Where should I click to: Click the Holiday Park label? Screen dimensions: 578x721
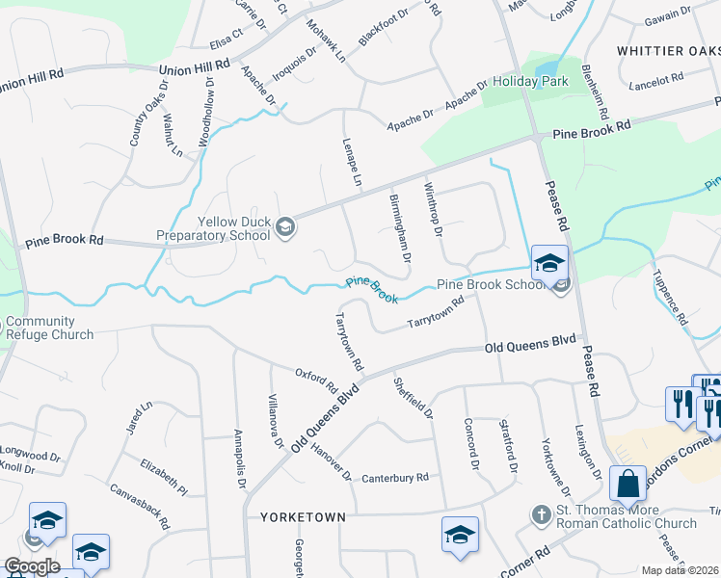[530, 82]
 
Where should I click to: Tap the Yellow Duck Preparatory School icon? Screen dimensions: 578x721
[285, 227]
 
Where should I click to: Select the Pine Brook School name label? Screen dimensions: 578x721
[492, 285]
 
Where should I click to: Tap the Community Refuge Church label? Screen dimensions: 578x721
[48, 328]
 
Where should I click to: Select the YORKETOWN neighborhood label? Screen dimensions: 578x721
[303, 517]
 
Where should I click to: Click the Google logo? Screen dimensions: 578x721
[31, 566]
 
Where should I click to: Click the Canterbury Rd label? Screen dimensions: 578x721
[394, 478]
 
